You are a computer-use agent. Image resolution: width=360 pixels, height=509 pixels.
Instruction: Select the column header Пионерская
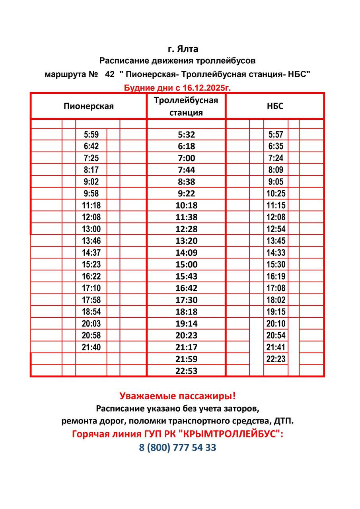pos(88,106)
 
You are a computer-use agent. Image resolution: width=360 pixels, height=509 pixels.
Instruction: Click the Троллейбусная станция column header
pos(186,106)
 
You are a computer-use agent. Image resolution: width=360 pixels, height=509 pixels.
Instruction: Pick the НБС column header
pos(275,106)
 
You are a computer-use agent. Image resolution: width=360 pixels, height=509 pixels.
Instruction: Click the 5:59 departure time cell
pos(91,134)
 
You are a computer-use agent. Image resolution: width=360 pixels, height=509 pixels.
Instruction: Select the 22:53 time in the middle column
pos(186,371)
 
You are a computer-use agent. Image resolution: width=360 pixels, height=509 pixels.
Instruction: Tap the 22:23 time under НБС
pos(276,359)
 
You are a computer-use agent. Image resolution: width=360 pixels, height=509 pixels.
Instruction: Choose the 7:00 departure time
pos(186,158)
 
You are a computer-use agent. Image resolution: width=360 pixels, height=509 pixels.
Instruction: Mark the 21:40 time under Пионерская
pos(91,347)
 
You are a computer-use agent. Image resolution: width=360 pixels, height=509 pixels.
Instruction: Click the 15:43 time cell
pos(186,276)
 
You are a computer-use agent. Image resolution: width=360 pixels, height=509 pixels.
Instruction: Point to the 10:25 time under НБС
pos(276,194)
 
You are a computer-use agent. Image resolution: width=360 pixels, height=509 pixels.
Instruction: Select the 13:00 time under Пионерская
pos(91,229)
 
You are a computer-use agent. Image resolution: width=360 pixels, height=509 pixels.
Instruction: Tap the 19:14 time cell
pos(186,324)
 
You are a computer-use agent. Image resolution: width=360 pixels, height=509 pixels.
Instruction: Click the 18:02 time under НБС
pos(276,300)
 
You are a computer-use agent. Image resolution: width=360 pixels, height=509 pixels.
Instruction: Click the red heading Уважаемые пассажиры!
pos(177,396)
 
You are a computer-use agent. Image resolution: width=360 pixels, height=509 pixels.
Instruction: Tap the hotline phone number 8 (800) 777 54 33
pos(177,447)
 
